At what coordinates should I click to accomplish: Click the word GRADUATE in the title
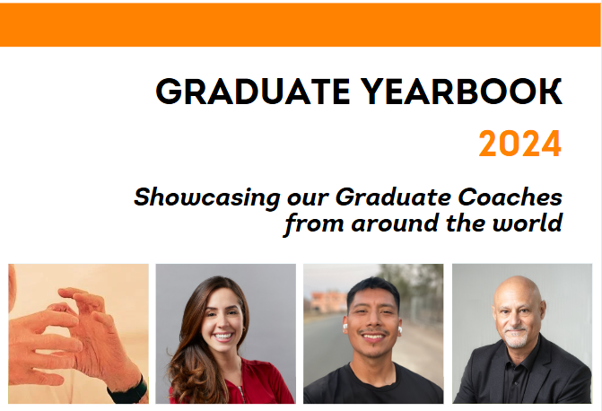[x=253, y=92]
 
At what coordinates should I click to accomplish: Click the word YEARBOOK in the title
[x=461, y=92]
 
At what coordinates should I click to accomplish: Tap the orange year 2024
[x=520, y=144]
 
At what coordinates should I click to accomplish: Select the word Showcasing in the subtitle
[x=207, y=197]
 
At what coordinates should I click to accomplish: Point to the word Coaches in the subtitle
[x=510, y=197]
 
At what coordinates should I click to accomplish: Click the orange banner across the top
[x=301, y=25]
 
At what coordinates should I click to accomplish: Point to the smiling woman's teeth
[x=223, y=337]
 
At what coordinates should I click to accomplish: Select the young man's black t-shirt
[x=372, y=385]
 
